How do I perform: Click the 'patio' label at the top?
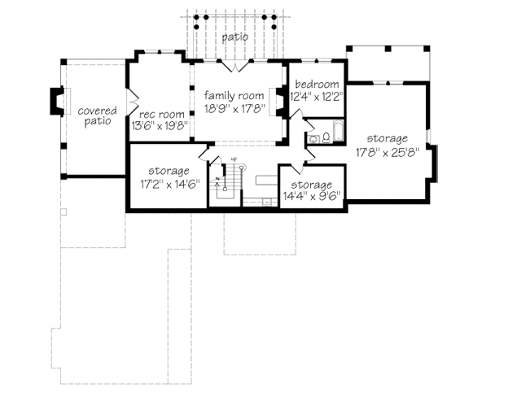click(x=234, y=37)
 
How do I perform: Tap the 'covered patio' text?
click(x=98, y=115)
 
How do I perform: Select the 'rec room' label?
click(x=161, y=115)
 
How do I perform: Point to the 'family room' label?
click(x=234, y=96)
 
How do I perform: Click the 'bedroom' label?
click(x=317, y=85)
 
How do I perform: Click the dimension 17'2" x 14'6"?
click(x=169, y=184)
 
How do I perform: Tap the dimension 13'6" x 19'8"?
click(x=161, y=126)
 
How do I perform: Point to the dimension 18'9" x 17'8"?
click(x=234, y=108)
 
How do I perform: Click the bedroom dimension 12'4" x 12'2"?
click(x=317, y=96)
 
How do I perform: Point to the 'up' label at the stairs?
click(x=234, y=159)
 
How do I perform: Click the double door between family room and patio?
click(x=234, y=65)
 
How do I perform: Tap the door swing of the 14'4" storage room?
click(x=287, y=158)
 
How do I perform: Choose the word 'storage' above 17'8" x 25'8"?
click(x=386, y=139)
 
